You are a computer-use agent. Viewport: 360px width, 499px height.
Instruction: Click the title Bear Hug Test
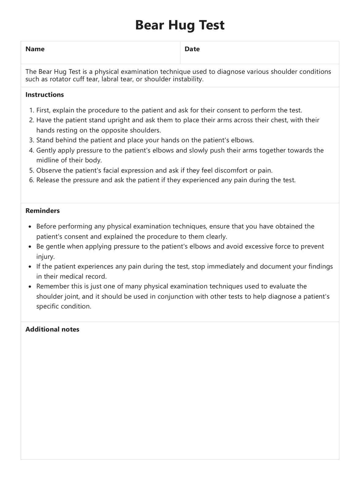180,25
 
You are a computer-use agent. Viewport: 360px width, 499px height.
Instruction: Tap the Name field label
35,49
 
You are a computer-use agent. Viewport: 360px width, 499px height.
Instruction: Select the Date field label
192,49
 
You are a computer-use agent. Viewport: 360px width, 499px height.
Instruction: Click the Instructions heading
45,95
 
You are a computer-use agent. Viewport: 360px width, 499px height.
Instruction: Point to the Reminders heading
43,211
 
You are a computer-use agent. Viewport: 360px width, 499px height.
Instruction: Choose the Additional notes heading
52,329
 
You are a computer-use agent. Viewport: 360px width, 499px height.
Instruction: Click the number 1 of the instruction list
31,110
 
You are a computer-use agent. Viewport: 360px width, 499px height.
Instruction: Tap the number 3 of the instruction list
31,140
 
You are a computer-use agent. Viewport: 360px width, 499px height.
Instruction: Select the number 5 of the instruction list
31,170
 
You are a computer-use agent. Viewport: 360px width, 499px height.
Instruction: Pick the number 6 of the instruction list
31,180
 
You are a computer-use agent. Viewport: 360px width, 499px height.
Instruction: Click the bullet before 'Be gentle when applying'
30,247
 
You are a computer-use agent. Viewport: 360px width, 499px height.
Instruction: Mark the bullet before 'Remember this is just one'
30,287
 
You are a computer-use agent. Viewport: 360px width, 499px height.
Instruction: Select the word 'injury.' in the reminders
45,257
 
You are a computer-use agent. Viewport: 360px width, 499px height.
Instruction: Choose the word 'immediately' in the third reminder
225,266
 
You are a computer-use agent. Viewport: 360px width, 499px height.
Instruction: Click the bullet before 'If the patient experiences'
30,267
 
